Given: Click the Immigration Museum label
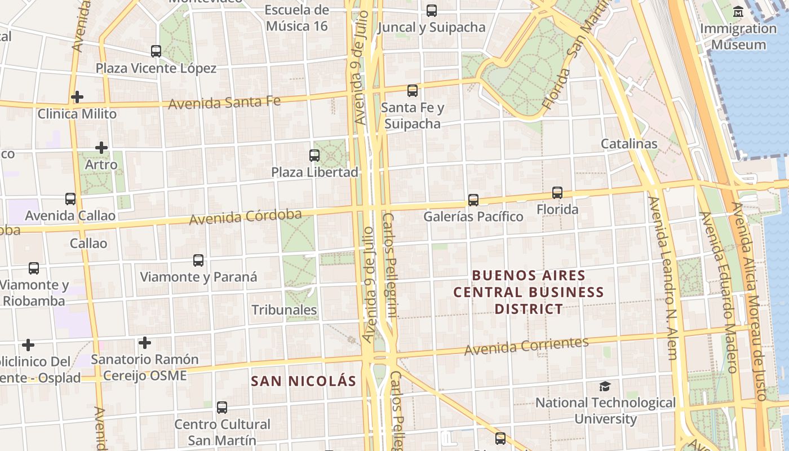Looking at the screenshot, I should pyautogui.click(x=738, y=37).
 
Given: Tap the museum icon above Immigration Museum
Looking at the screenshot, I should pyautogui.click(x=738, y=12).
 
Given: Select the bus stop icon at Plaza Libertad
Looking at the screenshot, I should pyautogui.click(x=314, y=156).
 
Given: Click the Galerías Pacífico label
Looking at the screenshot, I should pyautogui.click(x=473, y=216).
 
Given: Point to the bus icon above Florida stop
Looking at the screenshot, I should pyautogui.click(x=557, y=193).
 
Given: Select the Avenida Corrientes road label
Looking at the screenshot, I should pyautogui.click(x=526, y=346).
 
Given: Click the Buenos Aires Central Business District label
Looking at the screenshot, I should pyautogui.click(x=529, y=292).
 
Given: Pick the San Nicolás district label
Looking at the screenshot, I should pyautogui.click(x=304, y=381).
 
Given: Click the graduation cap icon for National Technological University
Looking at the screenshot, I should pyautogui.click(x=605, y=386).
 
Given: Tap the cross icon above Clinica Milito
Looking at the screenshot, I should pyautogui.click(x=77, y=97).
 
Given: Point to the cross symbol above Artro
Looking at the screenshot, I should pyautogui.click(x=101, y=148).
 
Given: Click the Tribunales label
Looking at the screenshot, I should pyautogui.click(x=284, y=310).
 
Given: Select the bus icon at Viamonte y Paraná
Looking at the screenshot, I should pyautogui.click(x=198, y=260).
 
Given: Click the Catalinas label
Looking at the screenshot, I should pyautogui.click(x=629, y=144).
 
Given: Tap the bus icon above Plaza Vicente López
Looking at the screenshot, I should pyautogui.click(x=156, y=51).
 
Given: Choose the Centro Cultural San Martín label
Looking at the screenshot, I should pyautogui.click(x=222, y=432).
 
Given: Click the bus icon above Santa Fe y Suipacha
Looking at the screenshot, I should pyautogui.click(x=413, y=90).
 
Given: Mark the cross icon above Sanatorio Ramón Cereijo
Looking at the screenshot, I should pyautogui.click(x=145, y=343).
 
